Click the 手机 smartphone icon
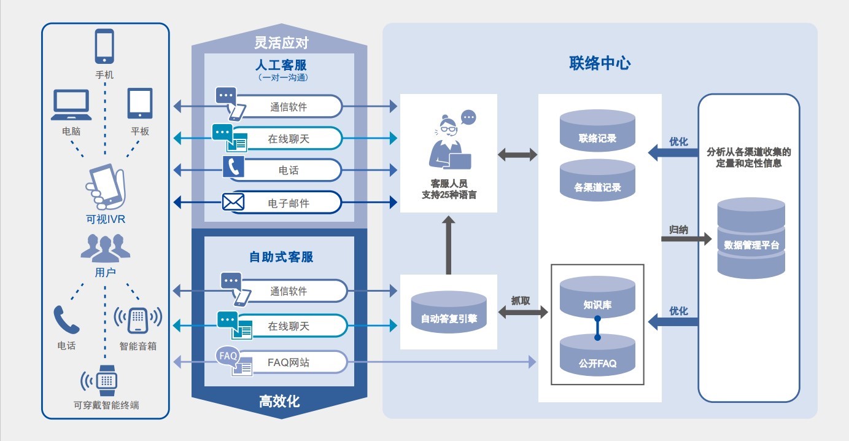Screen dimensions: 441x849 point(104,47)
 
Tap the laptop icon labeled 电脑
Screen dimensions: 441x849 point(71,105)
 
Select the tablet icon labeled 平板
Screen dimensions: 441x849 point(139,103)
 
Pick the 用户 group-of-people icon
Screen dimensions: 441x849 point(105,248)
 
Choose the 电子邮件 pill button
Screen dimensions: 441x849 point(288,202)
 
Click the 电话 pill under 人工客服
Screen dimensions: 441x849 point(288,170)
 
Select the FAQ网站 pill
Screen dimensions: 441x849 point(288,362)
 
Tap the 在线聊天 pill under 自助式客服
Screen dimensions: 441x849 point(288,326)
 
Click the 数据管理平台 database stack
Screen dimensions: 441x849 point(751,238)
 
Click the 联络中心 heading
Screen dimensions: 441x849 point(600,63)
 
